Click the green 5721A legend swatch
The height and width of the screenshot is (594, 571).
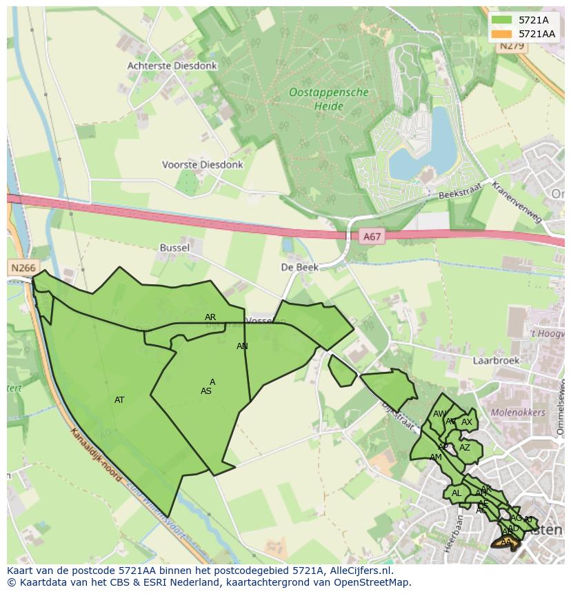point(501,21)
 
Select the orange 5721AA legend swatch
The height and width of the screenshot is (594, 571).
point(501,34)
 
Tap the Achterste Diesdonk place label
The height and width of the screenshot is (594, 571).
point(172,66)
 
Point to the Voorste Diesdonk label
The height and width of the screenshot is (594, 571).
point(202,165)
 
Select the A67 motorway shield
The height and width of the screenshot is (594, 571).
point(371,237)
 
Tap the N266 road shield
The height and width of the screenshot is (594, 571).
point(23,267)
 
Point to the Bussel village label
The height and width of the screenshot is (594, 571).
point(174,247)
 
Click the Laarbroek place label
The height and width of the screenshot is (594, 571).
point(495,360)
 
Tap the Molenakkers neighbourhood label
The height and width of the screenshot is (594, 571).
point(518,413)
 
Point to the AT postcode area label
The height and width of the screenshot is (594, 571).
point(119,400)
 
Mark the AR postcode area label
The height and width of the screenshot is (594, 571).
point(210,317)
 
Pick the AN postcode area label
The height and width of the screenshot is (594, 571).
point(242,346)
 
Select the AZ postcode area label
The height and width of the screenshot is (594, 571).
point(465,448)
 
